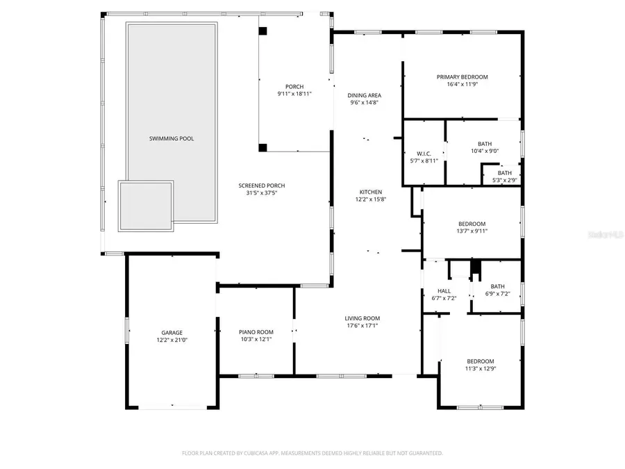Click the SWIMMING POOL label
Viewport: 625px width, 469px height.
172,139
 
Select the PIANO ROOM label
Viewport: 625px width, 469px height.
256,332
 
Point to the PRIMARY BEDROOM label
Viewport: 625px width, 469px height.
462,77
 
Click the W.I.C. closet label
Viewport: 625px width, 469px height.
424,154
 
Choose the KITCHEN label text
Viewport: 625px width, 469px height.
370,192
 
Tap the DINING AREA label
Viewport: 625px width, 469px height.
365,95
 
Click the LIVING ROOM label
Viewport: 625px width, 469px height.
362,319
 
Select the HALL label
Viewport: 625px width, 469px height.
444,291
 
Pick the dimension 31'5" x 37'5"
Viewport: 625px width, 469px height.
262,193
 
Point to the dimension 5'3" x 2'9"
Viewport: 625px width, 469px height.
504,180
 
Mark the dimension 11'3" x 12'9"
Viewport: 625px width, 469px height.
481,368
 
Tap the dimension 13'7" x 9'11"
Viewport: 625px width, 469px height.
472,231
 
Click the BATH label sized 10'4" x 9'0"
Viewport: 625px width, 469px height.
484,144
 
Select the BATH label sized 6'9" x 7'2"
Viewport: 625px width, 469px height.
497,286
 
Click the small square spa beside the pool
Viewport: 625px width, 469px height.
145,206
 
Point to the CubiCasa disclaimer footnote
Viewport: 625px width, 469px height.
312,453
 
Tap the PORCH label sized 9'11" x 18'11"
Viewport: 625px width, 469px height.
294,86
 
